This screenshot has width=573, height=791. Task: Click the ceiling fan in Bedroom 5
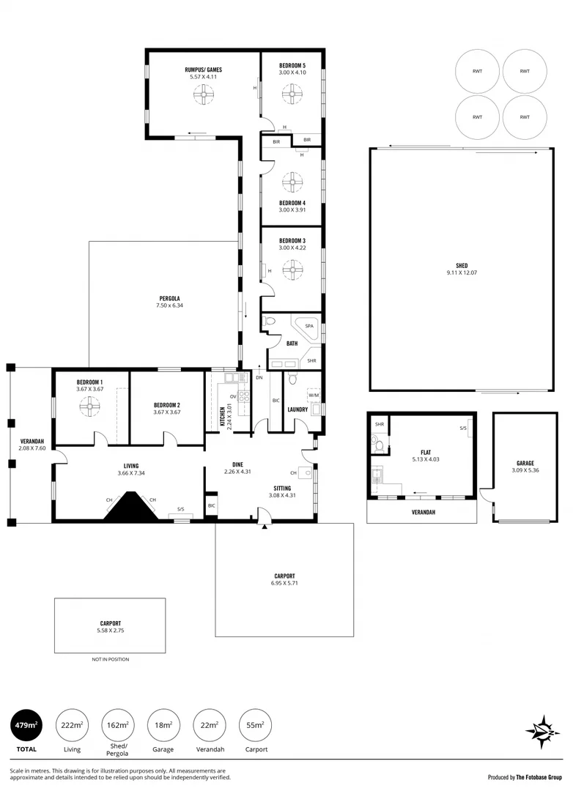click(292, 92)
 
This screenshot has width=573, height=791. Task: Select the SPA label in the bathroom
click(309, 325)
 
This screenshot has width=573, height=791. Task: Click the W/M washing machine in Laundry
click(314, 395)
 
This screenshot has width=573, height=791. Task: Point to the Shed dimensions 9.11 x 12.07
click(462, 273)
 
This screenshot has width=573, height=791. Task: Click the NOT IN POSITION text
click(110, 659)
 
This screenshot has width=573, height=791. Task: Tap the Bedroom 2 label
click(167, 405)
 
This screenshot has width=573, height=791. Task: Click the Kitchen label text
click(223, 415)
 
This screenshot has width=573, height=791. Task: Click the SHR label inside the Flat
click(380, 424)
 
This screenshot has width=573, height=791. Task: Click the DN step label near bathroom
click(259, 378)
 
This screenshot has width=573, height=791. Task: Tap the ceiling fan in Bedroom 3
click(292, 270)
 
